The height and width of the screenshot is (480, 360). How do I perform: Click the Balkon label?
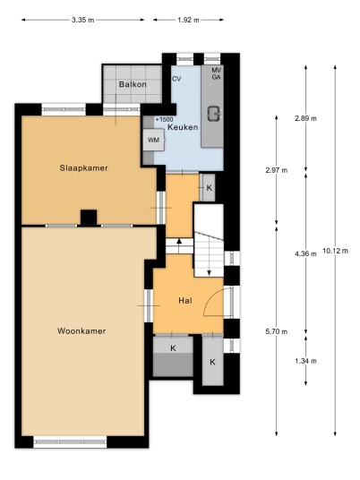point(133,84)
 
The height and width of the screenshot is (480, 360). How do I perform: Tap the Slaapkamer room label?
point(84,168)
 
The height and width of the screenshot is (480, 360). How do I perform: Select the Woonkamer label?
point(81,331)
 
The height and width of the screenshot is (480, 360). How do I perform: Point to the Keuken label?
point(183,127)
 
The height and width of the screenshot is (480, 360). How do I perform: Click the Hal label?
point(185,301)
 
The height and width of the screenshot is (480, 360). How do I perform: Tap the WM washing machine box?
point(154,140)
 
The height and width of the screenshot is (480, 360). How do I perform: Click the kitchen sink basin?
point(215,114)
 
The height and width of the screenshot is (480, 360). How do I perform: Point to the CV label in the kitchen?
point(176,79)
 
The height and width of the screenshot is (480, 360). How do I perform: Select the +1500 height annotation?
point(164,119)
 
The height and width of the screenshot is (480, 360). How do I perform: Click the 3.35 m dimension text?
point(82,21)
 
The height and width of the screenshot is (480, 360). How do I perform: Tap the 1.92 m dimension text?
point(188,21)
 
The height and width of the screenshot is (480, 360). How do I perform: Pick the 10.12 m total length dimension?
point(335,251)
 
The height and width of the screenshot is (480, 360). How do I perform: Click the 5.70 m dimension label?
point(277,331)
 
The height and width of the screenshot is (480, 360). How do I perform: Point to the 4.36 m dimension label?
point(305,253)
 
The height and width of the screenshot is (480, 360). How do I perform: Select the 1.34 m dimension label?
point(305,361)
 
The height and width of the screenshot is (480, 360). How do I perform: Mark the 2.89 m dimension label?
point(305,118)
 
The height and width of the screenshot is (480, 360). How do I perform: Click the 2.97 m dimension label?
point(277,170)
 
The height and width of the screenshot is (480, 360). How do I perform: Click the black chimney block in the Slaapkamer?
point(89,218)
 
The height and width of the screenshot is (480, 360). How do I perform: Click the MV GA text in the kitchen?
point(216,73)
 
